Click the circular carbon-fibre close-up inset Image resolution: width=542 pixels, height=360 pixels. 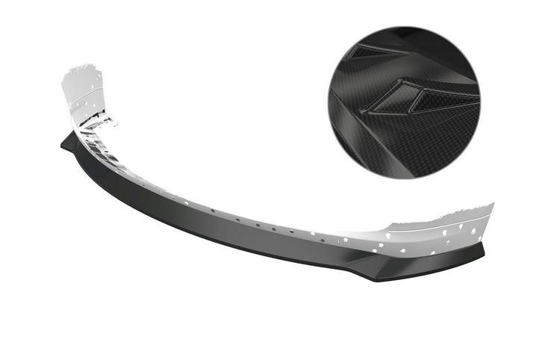(x=404, y=102)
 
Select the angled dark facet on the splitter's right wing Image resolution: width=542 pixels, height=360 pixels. (x=418, y=262)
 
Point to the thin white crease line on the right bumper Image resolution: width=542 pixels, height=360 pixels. (x=440, y=223)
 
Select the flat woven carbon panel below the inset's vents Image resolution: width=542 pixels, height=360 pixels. (x=418, y=149)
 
